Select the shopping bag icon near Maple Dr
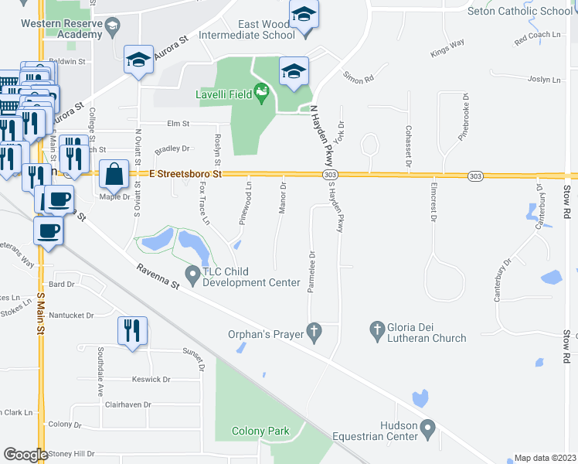(114, 176)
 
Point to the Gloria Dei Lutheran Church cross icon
(377, 329)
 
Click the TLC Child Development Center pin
(192, 273)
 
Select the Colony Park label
(261, 432)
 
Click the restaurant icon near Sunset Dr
(132, 330)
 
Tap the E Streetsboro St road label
(185, 175)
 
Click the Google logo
(25, 455)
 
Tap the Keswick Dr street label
(151, 380)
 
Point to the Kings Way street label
(447, 47)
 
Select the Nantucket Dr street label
(70, 316)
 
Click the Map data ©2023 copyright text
(545, 458)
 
